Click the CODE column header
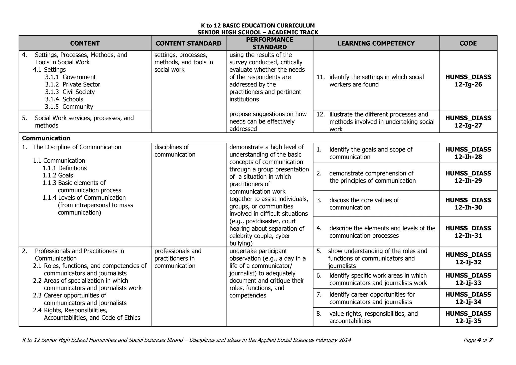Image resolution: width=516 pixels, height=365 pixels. pyautogui.click(x=468, y=43)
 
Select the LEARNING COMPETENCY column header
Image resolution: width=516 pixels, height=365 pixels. pyautogui.click(x=376, y=43)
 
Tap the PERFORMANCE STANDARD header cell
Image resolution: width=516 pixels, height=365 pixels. pyautogui.click(x=269, y=43)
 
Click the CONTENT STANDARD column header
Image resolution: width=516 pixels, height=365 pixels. pyautogui.click(x=188, y=43)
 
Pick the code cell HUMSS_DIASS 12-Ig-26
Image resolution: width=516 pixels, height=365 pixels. pyautogui.click(x=468, y=81)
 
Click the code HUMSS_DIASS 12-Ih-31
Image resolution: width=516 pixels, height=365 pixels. pyautogui.click(x=468, y=232)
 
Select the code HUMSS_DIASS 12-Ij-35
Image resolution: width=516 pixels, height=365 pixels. pyautogui.click(x=468, y=317)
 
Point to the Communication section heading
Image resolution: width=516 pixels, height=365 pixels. pyautogui.click(x=46, y=138)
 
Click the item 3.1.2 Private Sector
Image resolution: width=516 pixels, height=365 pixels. pyautogui.click(x=73, y=84)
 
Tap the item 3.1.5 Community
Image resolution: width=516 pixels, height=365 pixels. pyautogui.click(x=69, y=107)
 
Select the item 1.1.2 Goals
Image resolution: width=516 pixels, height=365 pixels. pyautogui.click(x=58, y=175)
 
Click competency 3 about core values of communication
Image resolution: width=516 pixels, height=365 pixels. pyautogui.click(x=364, y=204)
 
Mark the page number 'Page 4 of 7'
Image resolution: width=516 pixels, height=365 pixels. pyautogui.click(x=478, y=340)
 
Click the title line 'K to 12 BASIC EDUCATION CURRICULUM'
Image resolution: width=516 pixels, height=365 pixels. pyautogui.click(x=258, y=26)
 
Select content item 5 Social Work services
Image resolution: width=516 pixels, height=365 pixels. pyautogui.click(x=84, y=122)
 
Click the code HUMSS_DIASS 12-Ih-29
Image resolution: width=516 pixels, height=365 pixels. pyautogui.click(x=468, y=177)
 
